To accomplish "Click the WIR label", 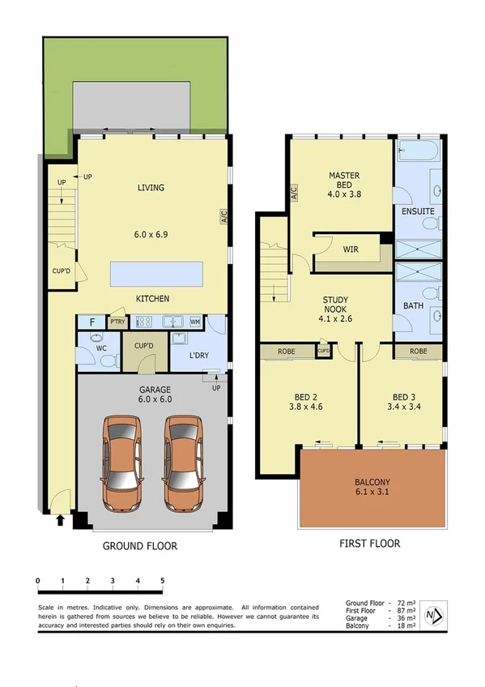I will coord(351,250).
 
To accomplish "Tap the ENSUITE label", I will coord(418,211).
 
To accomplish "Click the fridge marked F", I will coord(92,322).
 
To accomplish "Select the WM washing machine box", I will coord(195,322).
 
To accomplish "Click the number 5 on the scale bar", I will coord(163,581).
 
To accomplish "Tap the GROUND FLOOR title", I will coord(139,546).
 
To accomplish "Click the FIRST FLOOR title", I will coord(369,544).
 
